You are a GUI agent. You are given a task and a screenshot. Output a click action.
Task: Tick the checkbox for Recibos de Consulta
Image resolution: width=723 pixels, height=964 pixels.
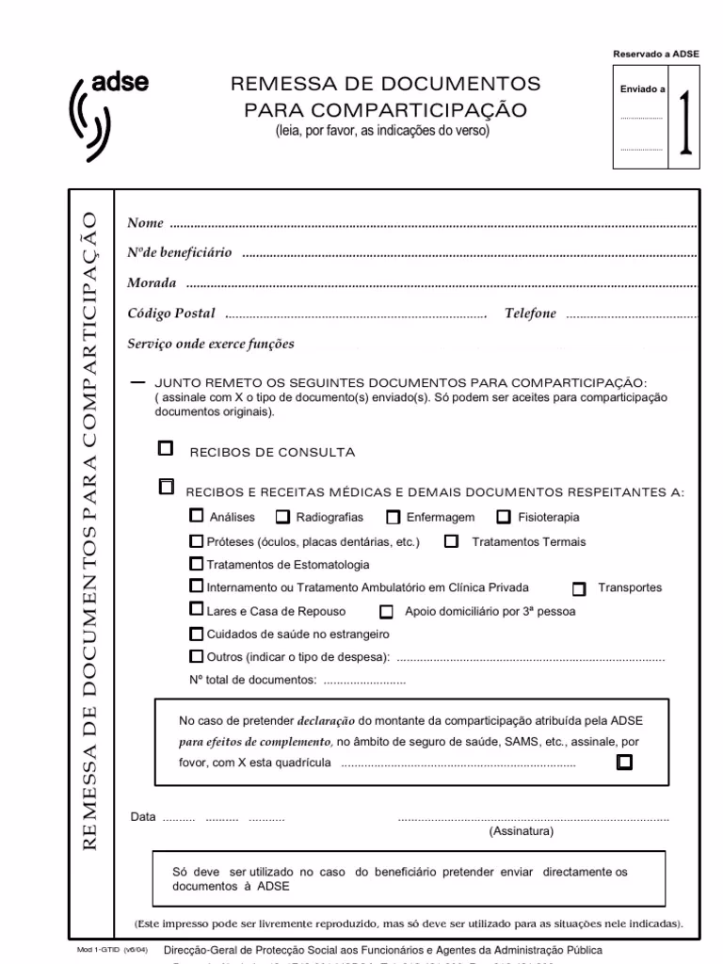pyautogui.click(x=166, y=448)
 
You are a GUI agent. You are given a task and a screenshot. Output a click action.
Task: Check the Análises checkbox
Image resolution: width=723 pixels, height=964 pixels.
pyautogui.click(x=196, y=516)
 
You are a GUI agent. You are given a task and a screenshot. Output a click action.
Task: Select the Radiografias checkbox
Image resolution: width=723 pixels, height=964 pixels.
pyautogui.click(x=282, y=517)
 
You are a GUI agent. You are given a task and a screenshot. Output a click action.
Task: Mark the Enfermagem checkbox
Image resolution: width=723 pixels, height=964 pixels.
pyautogui.click(x=394, y=517)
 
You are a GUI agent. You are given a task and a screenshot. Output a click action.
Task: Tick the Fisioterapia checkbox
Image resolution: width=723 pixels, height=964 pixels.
pyautogui.click(x=504, y=516)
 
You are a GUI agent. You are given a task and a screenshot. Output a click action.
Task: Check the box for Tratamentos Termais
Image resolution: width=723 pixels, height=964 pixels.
pyautogui.click(x=452, y=541)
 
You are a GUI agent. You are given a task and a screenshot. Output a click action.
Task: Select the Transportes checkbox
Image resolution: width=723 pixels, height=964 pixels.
pyautogui.click(x=579, y=588)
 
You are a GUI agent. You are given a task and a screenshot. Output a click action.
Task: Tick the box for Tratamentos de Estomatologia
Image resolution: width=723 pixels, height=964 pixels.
pyautogui.click(x=196, y=564)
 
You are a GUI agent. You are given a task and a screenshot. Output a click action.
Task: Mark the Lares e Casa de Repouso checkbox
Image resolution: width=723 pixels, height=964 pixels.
pyautogui.click(x=196, y=609)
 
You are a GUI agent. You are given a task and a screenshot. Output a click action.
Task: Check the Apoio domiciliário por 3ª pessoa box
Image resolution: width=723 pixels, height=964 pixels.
pyautogui.click(x=386, y=611)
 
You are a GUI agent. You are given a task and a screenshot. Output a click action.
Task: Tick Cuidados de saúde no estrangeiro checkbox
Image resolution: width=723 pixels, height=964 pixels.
pyautogui.click(x=196, y=634)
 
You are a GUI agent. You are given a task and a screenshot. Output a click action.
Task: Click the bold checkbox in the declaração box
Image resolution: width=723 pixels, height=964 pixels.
pyautogui.click(x=623, y=762)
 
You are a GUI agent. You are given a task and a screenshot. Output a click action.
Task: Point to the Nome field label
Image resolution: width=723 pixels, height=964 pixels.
pyautogui.click(x=145, y=223)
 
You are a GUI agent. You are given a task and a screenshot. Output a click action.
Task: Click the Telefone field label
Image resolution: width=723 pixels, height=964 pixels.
pyautogui.click(x=530, y=313)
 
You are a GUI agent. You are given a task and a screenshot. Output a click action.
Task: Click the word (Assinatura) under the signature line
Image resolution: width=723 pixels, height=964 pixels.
pyautogui.click(x=522, y=832)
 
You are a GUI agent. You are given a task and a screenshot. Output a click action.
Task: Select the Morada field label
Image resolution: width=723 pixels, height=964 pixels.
pyautogui.click(x=153, y=283)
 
